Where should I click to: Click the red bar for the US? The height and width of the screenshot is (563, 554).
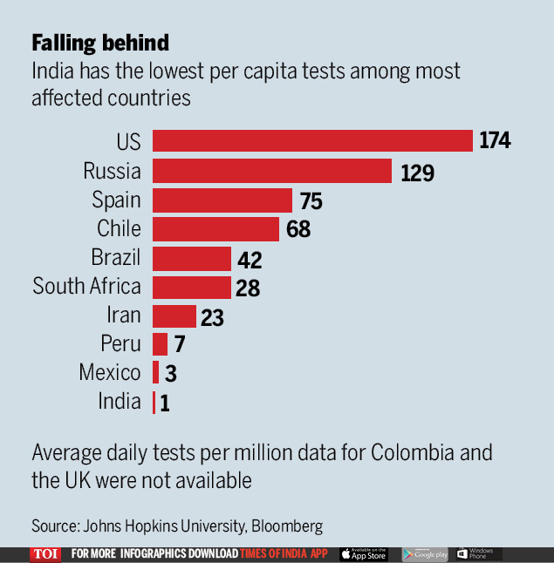pyautogui.click(x=312, y=141)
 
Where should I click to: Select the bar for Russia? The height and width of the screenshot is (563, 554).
pyautogui.click(x=272, y=171)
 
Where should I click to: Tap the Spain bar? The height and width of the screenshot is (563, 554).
pyautogui.click(x=222, y=200)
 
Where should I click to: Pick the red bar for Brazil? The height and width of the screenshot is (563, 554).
pyautogui.click(x=192, y=259)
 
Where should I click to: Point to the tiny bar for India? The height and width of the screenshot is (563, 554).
pyautogui.click(x=154, y=403)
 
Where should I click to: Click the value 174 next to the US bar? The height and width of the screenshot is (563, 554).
pyautogui.click(x=495, y=141)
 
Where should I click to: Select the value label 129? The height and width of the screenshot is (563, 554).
pyautogui.click(x=417, y=173)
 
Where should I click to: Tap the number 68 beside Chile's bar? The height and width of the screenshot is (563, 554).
pyautogui.click(x=298, y=230)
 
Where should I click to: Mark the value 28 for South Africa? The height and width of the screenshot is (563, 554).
pyautogui.click(x=248, y=288)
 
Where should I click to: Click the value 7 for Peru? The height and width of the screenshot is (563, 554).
pyautogui.click(x=179, y=345)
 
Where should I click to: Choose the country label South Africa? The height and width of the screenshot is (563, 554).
pyautogui.click(x=86, y=286)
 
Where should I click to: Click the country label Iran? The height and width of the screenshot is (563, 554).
pyautogui.click(x=123, y=315)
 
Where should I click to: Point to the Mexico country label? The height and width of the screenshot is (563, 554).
pyautogui.click(x=110, y=373)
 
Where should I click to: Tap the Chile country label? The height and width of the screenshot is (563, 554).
pyautogui.click(x=119, y=228)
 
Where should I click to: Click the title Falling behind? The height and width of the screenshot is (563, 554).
pyautogui.click(x=100, y=43)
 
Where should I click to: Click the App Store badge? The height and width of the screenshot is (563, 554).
pyautogui.click(x=363, y=554)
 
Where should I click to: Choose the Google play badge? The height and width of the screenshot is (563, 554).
pyautogui.click(x=425, y=554)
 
